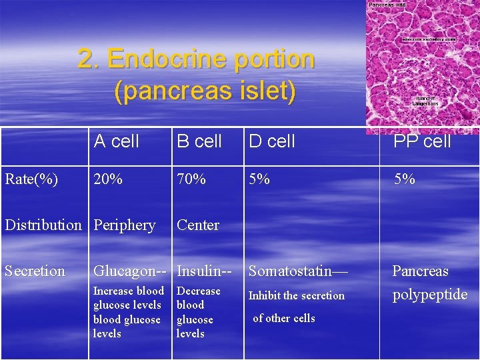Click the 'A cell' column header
[117, 141]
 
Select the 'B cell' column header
[199, 141]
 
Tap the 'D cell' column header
[271, 141]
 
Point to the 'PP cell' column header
[422, 141]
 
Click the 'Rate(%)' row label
[31, 179]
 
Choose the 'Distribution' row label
[43, 225]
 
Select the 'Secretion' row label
[35, 271]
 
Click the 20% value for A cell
[108, 179]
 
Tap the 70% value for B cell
[191, 179]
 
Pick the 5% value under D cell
[259, 179]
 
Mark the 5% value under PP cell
[404, 179]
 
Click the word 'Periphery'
[125, 225]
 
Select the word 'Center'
[197, 225]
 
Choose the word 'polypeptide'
[430, 295]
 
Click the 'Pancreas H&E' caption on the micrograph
[388, 5]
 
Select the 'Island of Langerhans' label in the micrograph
[425, 102]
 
